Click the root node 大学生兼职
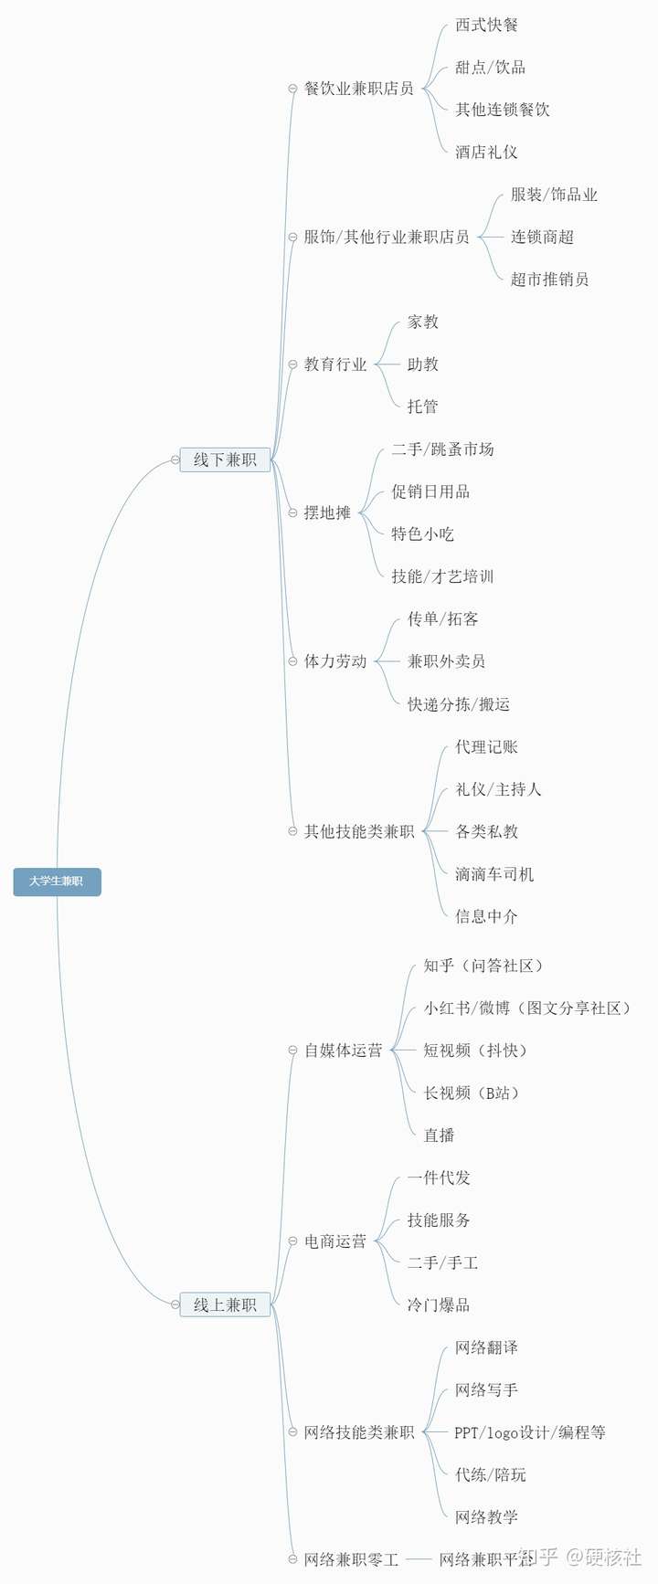pyautogui.click(x=57, y=882)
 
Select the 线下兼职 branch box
pyautogui.click(x=225, y=459)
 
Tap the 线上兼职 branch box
pyautogui.click(x=225, y=1304)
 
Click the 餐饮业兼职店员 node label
pyautogui.click(x=358, y=89)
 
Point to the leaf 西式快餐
pyautogui.click(x=486, y=26)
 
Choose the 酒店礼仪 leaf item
pyautogui.click(x=486, y=153)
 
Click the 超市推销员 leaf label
pyautogui.click(x=549, y=280)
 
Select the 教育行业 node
pyautogui.click(x=335, y=364)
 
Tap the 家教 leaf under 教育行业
pyautogui.click(x=422, y=322)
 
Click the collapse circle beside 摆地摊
pyautogui.click(x=293, y=513)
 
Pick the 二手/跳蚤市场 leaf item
pyautogui.click(x=442, y=449)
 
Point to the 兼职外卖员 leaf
pyautogui.click(x=446, y=661)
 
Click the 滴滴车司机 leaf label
pyautogui.click(x=494, y=874)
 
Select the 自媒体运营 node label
pyautogui.click(x=343, y=1051)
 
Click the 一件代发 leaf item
pyautogui.click(x=439, y=1177)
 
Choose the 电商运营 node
pyautogui.click(x=335, y=1241)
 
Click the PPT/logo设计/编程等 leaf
pyautogui.click(x=530, y=1432)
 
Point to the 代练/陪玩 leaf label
pyautogui.click(x=490, y=1474)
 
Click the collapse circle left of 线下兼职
pyautogui.click(x=175, y=460)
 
